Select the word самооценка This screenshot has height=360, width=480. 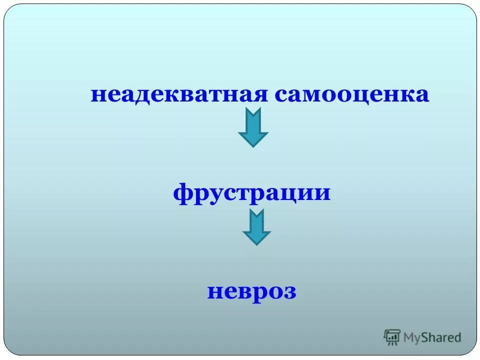(351, 94)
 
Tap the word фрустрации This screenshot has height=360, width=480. (252, 193)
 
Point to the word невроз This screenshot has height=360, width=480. (252, 291)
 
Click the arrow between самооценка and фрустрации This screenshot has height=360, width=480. (253, 128)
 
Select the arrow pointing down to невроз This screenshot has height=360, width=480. (256, 227)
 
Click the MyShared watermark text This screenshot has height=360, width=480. (432, 337)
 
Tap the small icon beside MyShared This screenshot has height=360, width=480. (392, 337)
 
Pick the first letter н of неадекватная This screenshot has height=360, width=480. (97, 95)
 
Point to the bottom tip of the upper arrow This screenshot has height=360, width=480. (253, 146)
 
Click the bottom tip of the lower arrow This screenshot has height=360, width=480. (256, 244)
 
